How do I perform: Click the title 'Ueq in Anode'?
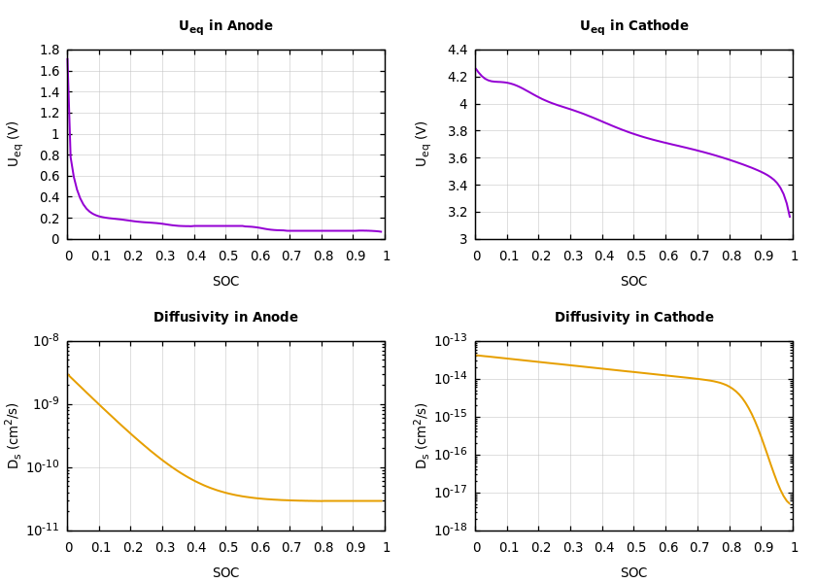click(225, 26)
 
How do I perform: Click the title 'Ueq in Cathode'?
click(633, 26)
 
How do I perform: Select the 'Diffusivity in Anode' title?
click(225, 318)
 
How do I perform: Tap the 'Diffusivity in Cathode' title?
click(633, 318)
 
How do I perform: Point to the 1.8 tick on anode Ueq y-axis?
click(49, 51)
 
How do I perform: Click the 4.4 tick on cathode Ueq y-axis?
click(457, 51)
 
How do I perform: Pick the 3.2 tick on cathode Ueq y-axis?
click(457, 212)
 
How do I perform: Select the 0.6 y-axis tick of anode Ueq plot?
click(49, 176)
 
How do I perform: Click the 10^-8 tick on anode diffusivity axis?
click(46, 341)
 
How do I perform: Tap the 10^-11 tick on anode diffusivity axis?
click(46, 530)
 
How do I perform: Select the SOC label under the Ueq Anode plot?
click(225, 282)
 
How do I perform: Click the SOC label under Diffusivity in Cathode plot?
click(633, 573)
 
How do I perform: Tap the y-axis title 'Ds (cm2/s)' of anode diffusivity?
click(14, 435)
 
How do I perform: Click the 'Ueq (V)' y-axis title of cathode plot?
click(422, 144)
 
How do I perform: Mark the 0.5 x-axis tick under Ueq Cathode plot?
click(633, 256)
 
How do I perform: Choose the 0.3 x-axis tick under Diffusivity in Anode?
click(163, 547)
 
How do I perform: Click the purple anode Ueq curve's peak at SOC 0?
click(68, 56)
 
